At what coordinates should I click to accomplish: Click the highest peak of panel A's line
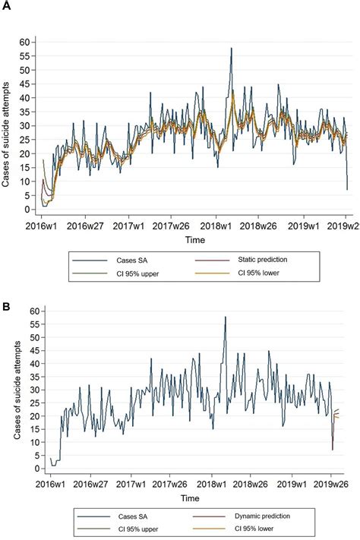pyautogui.click(x=231, y=49)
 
